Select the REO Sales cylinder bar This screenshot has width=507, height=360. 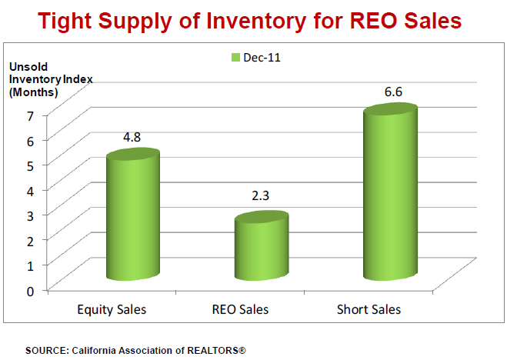coord(262,248)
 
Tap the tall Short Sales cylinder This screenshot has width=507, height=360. coord(391,196)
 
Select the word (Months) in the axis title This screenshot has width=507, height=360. coord(32,92)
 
